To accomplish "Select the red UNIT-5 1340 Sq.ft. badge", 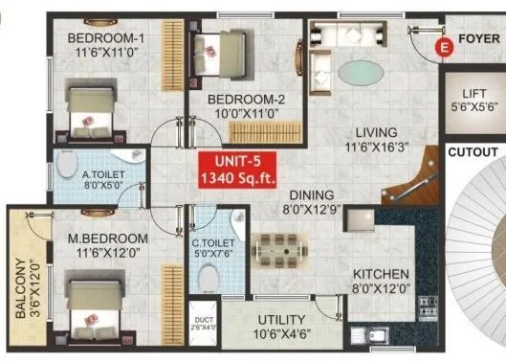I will pos(233,170).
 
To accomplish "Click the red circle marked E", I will pos(442,46).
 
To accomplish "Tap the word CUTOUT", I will pos(474,152).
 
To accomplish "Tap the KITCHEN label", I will pos(380,273).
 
